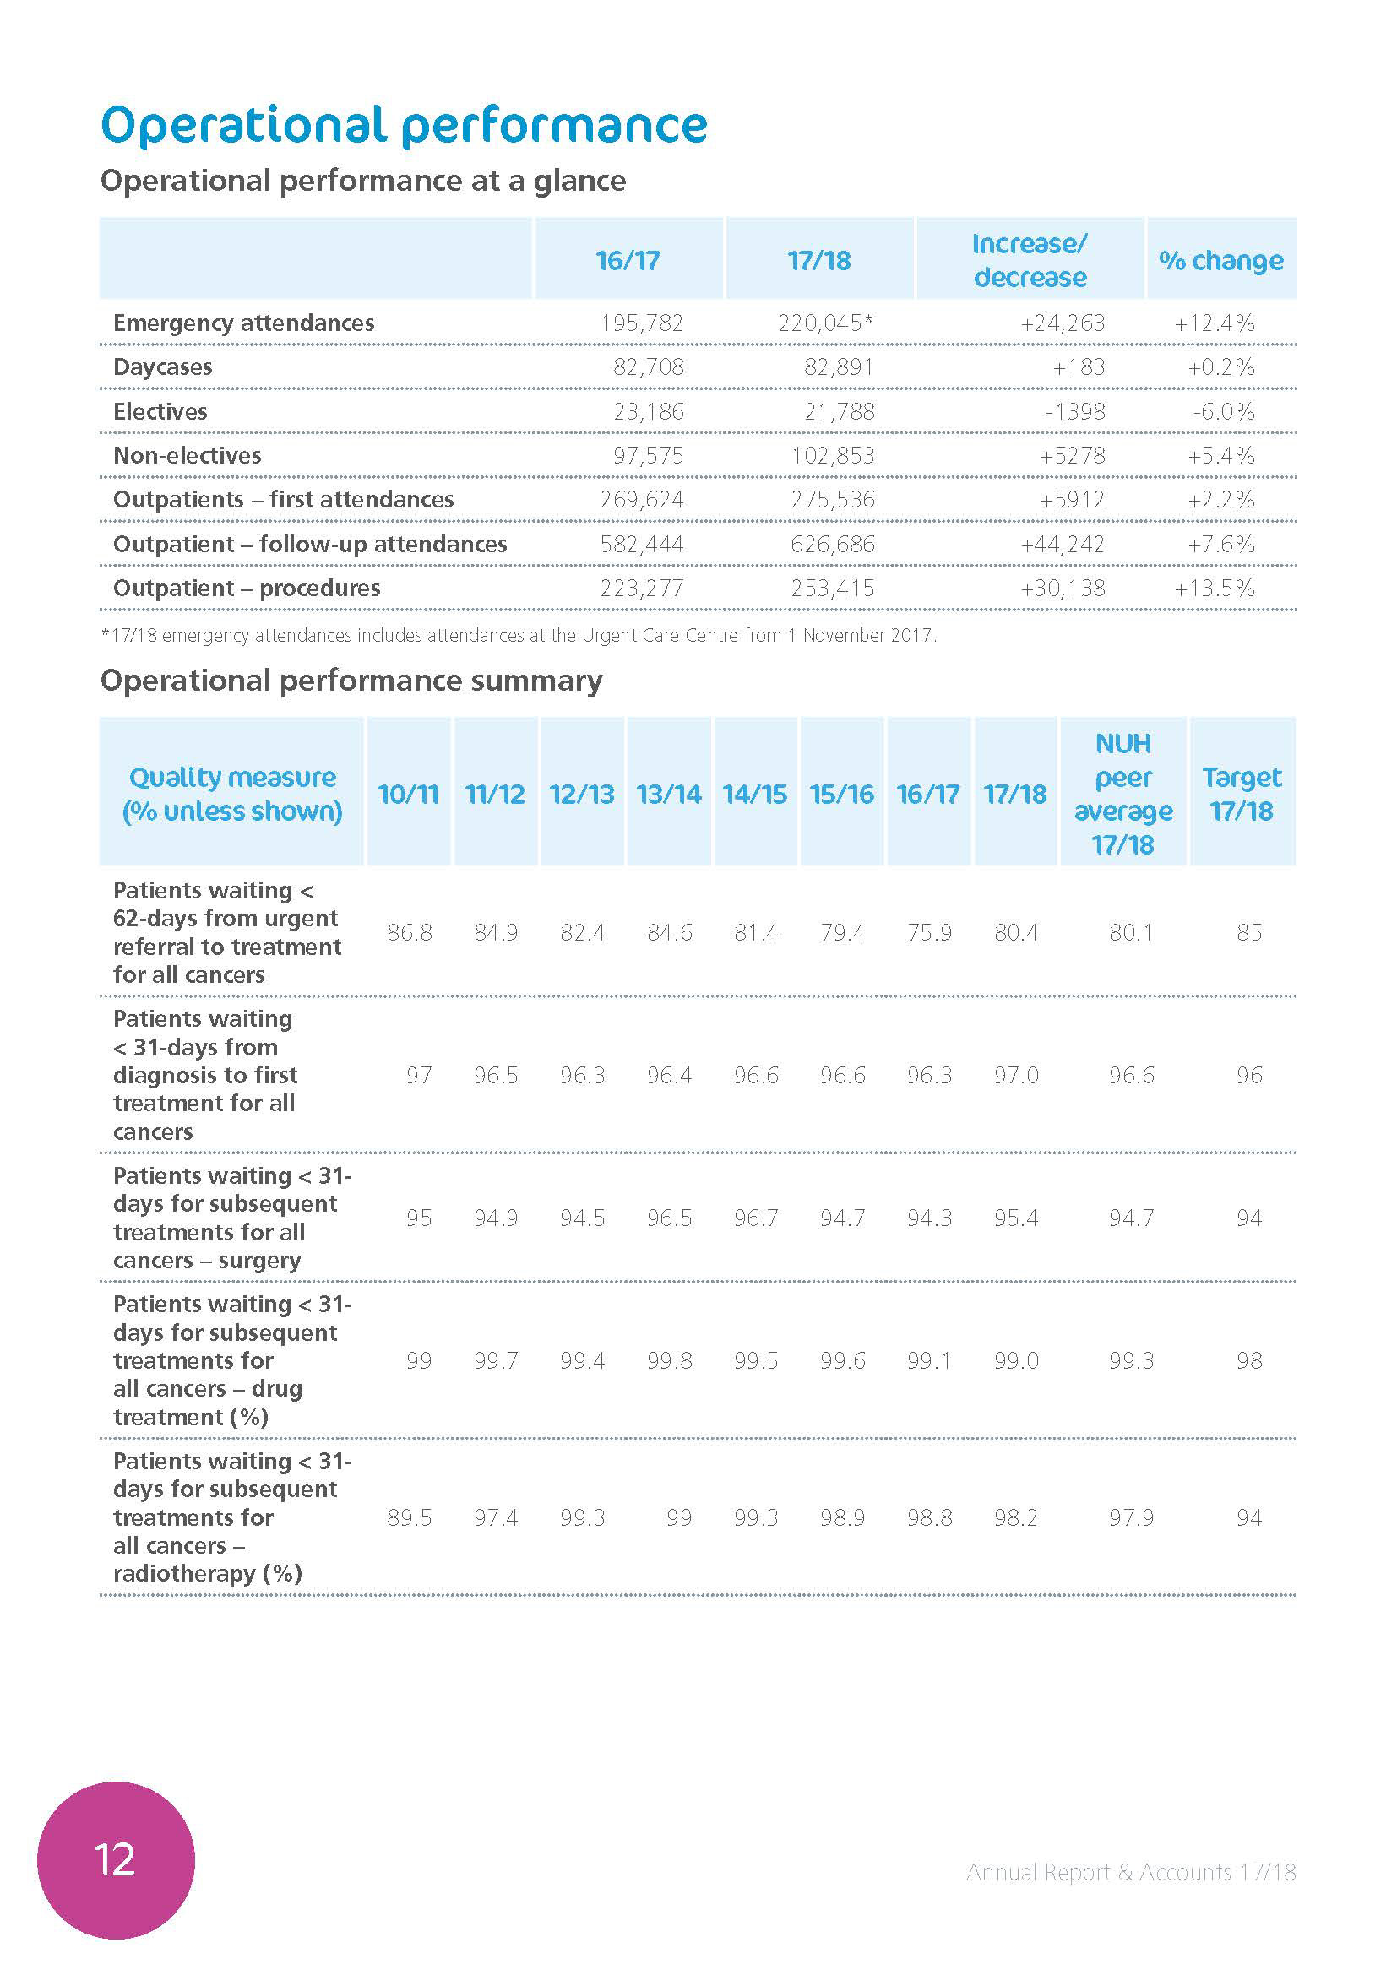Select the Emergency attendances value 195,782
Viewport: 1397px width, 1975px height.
click(x=642, y=323)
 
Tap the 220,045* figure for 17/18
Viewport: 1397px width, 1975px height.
click(x=825, y=323)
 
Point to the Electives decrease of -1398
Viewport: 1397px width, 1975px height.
click(x=1074, y=412)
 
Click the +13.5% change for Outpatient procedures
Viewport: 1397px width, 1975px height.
click(x=1214, y=589)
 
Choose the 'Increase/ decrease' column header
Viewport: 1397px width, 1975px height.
click(x=1030, y=261)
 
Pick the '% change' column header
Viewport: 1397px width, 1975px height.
click(x=1220, y=261)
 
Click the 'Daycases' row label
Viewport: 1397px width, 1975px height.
click(x=162, y=367)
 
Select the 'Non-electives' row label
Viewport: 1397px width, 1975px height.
click(x=188, y=456)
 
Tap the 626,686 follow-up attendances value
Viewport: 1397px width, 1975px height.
click(x=833, y=545)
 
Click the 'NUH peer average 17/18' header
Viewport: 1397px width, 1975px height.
click(x=1122, y=794)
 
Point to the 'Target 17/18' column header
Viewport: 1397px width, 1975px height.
click(x=1242, y=794)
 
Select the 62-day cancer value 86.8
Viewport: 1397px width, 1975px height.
click(x=410, y=932)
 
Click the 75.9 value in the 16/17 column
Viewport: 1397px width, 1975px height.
click(x=929, y=932)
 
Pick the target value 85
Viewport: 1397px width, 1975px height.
click(x=1249, y=932)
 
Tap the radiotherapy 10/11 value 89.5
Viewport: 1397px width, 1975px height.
click(x=410, y=1518)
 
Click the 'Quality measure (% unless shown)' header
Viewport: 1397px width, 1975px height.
click(x=232, y=794)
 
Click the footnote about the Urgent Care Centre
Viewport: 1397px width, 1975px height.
click(x=519, y=637)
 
